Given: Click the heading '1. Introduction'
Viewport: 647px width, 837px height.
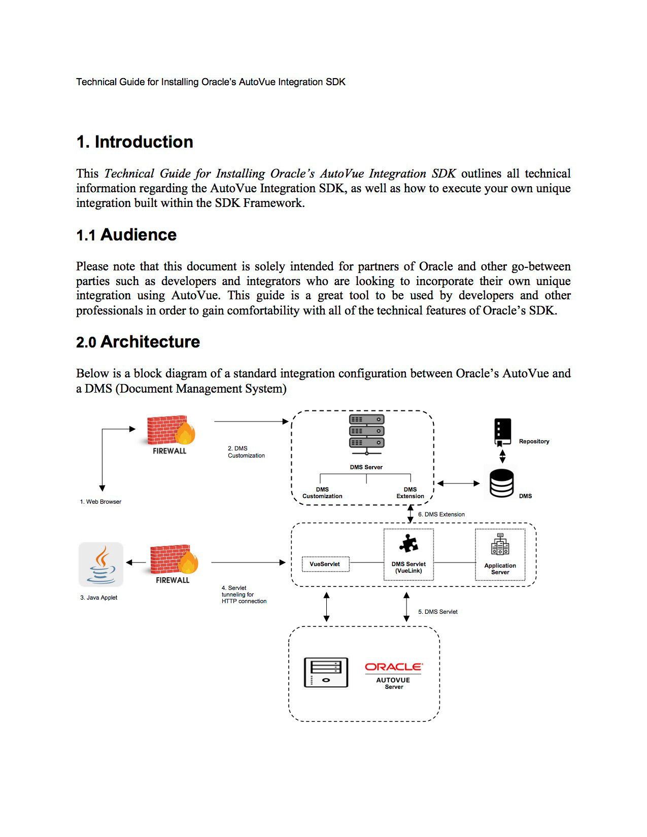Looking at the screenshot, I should (134, 142).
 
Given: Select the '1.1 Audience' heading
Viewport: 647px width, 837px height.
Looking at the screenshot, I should (126, 235).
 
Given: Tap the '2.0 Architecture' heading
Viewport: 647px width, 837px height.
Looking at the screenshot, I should (138, 342).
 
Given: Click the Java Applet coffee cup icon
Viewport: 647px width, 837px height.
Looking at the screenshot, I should (101, 564).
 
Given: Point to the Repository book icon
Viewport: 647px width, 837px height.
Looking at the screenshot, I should (502, 431).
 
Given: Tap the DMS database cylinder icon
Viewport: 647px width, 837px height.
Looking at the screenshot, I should (501, 483).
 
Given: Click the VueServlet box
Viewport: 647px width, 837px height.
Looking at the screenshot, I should (325, 564).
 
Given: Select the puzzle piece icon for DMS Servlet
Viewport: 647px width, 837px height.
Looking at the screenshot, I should (408, 543).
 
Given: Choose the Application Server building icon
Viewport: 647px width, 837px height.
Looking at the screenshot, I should (500, 545).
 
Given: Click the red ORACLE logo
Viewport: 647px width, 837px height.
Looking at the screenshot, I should (393, 667).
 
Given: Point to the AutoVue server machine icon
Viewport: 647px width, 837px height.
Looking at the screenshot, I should (326, 673).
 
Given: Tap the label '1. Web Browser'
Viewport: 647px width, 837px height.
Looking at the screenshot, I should (100, 502).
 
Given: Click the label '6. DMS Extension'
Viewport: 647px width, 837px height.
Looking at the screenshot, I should (441, 514).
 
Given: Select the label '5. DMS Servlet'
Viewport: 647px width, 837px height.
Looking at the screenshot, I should (437, 612).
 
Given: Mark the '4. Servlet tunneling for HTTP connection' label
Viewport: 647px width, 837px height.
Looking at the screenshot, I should (244, 595).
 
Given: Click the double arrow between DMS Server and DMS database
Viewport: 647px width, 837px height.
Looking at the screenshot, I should (458, 483).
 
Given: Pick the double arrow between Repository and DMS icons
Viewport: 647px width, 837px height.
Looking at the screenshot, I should (502, 456).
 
